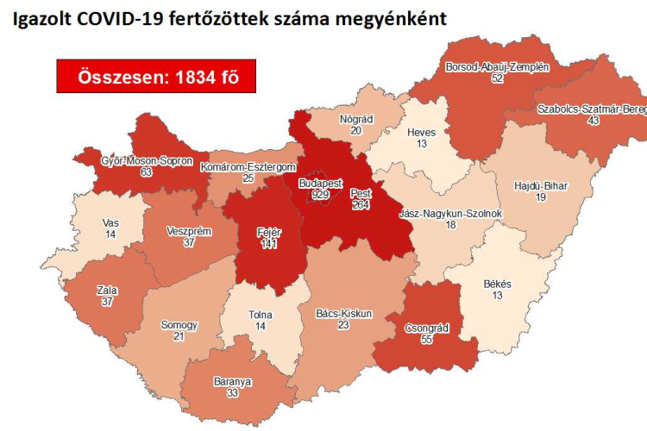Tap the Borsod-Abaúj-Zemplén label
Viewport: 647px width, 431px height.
click(496, 66)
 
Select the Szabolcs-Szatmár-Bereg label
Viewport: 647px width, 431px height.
click(591, 109)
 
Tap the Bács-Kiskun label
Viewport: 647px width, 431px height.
click(343, 314)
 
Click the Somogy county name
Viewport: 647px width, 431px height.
click(179, 325)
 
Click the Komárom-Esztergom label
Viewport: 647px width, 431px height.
click(248, 166)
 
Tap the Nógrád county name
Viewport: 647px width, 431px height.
click(356, 118)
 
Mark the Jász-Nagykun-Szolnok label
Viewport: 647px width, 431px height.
click(450, 213)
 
